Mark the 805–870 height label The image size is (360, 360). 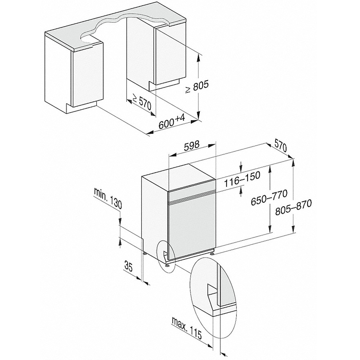pyautogui.click(x=294, y=207)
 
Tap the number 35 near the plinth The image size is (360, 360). pyautogui.click(x=129, y=266)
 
